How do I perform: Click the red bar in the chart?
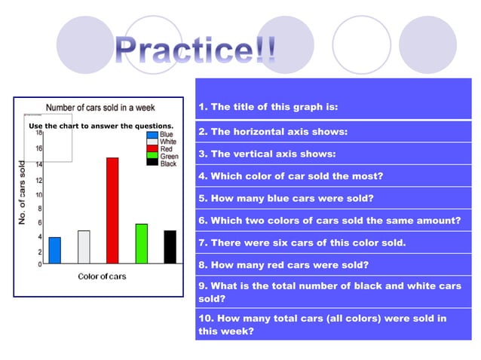click(112, 210)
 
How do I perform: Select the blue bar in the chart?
click(54, 250)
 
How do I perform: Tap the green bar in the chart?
click(141, 243)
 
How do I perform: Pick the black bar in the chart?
click(170, 246)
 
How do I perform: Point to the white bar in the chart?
click(84, 246)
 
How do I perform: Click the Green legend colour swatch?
click(152, 156)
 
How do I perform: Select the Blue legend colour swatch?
click(152, 135)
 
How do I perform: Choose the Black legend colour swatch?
click(152, 163)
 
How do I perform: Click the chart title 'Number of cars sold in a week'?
click(103, 108)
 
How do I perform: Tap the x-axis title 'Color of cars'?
click(102, 276)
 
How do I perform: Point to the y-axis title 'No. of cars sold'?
click(23, 193)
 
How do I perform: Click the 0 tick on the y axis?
click(39, 264)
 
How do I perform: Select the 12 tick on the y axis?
click(38, 181)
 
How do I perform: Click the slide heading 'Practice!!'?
click(195, 49)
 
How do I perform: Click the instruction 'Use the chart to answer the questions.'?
click(101, 126)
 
